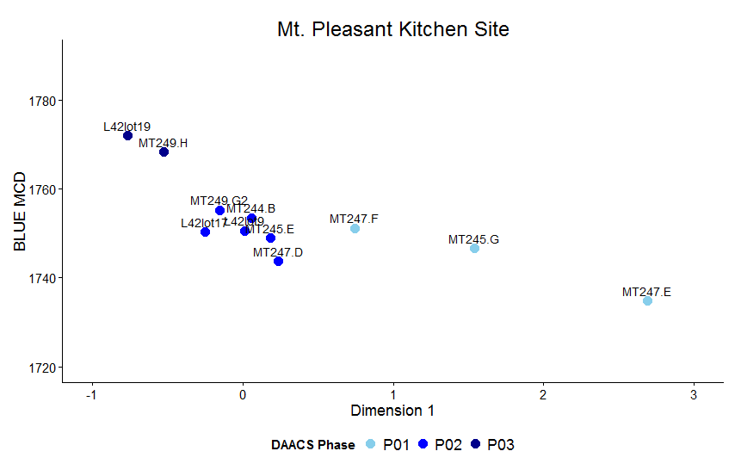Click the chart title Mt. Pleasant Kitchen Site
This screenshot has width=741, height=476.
[x=392, y=29]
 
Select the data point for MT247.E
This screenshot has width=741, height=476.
[x=647, y=300]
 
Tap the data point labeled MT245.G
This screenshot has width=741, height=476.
[x=474, y=248]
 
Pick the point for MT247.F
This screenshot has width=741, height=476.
[x=355, y=228]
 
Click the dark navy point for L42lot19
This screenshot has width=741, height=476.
[x=127, y=135]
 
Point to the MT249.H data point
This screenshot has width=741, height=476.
[x=164, y=152]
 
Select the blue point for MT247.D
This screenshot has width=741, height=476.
[x=278, y=261]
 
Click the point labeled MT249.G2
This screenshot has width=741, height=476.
[x=219, y=210]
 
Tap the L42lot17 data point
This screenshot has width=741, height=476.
[x=205, y=232]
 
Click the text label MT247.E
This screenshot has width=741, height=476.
[x=646, y=292]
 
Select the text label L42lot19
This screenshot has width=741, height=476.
[x=127, y=127]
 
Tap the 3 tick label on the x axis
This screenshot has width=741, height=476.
[x=693, y=394]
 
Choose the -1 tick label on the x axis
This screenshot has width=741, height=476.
[x=91, y=394]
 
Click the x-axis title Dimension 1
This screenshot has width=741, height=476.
[x=392, y=411]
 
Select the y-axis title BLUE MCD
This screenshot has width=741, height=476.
[x=21, y=212]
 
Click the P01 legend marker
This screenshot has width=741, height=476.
[x=371, y=444]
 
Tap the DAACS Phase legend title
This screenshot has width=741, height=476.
[x=312, y=445]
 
